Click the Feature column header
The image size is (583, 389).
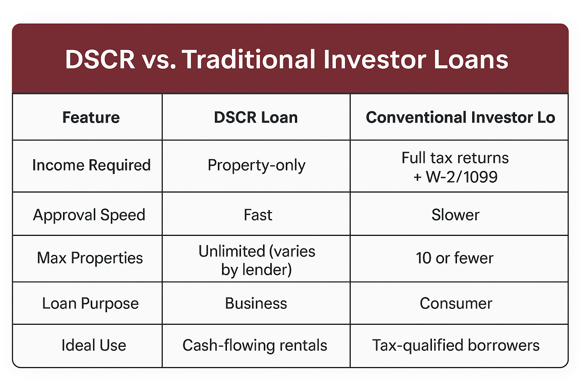click(91, 117)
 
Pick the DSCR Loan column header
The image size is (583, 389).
click(256, 117)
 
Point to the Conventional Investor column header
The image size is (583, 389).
click(460, 117)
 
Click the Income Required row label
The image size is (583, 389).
click(91, 165)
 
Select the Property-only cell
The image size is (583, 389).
click(256, 165)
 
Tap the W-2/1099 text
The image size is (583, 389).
click(462, 177)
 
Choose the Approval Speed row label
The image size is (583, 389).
click(89, 215)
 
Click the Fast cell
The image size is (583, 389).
click(258, 215)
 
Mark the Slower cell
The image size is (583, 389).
click(455, 215)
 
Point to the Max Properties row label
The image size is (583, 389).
click(90, 258)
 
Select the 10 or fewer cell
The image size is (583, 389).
click(454, 258)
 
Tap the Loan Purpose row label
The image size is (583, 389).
click(90, 304)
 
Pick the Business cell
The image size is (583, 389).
click(256, 303)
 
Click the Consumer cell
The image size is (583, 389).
click(456, 303)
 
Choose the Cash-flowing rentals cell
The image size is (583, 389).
click(255, 345)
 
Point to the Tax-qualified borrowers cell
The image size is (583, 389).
click(456, 345)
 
